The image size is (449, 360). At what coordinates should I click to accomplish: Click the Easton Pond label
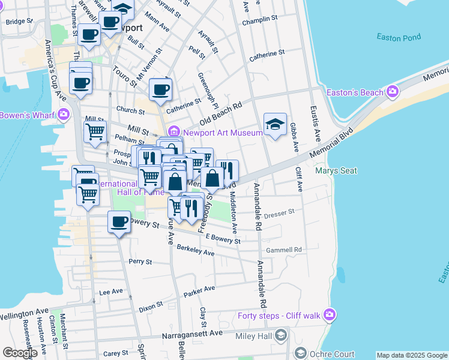(x=397, y=37)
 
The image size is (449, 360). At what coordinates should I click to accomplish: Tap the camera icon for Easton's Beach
(x=393, y=92)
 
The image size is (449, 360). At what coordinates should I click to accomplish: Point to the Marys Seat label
(x=336, y=171)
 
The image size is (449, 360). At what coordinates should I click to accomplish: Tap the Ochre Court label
(x=332, y=354)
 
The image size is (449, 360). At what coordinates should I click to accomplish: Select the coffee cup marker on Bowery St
(x=119, y=222)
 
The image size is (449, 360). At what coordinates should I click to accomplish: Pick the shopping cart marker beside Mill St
(x=95, y=132)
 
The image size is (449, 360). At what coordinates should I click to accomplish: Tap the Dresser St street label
(x=279, y=212)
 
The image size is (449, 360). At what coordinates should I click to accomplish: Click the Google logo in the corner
(x=20, y=353)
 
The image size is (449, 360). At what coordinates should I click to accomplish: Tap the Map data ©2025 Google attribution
(x=412, y=355)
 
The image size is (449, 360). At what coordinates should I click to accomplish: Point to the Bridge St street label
(x=18, y=22)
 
